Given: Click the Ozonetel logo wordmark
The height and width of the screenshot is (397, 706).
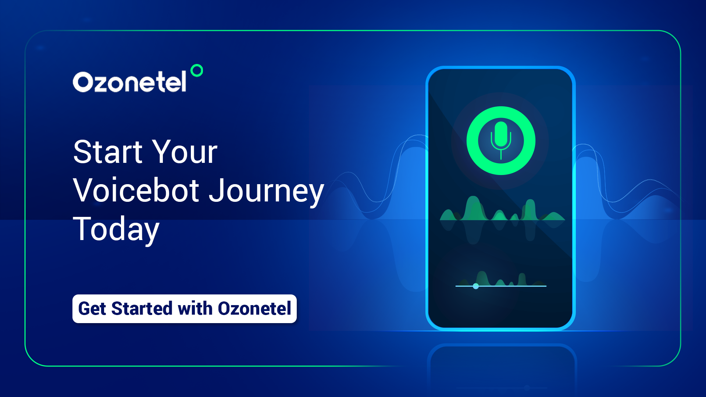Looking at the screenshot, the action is coord(129,81).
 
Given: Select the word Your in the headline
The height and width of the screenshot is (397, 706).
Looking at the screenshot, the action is coord(185,152).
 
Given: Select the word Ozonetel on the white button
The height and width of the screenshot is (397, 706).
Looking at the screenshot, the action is coord(254,308).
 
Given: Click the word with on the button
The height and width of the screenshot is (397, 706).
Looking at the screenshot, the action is coord(195,308).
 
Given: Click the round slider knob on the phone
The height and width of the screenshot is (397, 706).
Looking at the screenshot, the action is coord(476,286).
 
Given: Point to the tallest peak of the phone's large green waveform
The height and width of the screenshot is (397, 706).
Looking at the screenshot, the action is coord(473,198).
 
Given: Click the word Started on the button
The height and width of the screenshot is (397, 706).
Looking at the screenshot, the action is coord(142,308).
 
